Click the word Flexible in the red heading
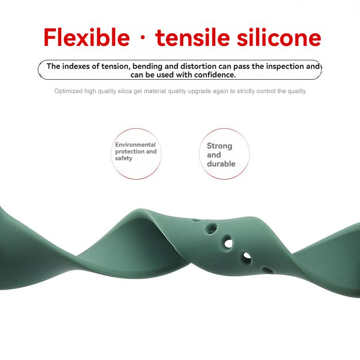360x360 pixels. [x=86, y=37]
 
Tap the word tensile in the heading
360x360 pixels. [x=193, y=37]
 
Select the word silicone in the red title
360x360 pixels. [x=279, y=37]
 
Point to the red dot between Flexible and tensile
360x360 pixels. [x=143, y=38]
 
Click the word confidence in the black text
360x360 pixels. [x=215, y=75]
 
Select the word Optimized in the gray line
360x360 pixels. [x=68, y=91]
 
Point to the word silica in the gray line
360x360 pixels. [x=125, y=91]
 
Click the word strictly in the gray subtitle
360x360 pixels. [x=247, y=91]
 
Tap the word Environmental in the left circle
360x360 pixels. [x=135, y=144]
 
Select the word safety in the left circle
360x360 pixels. [x=123, y=158]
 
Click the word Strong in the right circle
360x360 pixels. [x=220, y=146]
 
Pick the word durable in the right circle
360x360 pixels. [x=221, y=164]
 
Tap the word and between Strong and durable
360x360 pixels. [x=214, y=155]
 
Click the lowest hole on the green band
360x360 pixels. [x=268, y=270]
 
